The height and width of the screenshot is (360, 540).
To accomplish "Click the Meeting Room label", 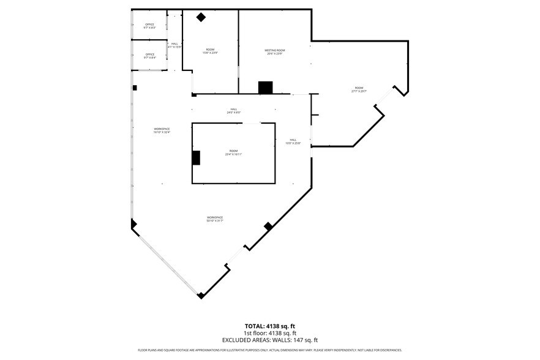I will click(274, 51).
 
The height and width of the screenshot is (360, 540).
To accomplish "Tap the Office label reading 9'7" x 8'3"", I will click(149, 26).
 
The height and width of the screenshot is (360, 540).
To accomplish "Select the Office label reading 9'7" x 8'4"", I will click(149, 56).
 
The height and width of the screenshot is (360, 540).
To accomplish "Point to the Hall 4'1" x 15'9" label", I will click(174, 45).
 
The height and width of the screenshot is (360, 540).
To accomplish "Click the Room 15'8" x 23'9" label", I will click(210, 51).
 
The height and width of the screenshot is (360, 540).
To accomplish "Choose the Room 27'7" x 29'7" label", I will click(359, 89).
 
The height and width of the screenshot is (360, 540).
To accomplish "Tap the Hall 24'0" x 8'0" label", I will click(234, 111).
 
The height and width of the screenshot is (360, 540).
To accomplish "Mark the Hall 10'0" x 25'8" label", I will click(293, 141).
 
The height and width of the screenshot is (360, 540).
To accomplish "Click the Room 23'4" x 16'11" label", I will click(233, 152).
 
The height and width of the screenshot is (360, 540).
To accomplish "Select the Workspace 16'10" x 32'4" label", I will click(162, 130).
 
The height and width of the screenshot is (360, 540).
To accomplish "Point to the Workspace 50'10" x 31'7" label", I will click(214, 219).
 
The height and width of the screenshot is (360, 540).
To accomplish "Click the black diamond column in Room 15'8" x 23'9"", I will click(201, 17).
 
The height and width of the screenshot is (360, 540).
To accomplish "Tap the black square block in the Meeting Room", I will click(265, 88).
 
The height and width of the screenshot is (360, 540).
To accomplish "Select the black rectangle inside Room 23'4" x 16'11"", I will click(196, 157).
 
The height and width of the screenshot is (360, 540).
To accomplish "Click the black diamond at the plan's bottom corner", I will click(200, 296).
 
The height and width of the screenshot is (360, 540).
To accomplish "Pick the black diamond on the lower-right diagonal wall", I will click(268, 227).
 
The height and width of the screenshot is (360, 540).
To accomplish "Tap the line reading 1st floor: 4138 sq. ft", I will click(270, 333).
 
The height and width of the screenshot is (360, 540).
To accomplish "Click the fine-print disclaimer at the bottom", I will click(270, 350).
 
